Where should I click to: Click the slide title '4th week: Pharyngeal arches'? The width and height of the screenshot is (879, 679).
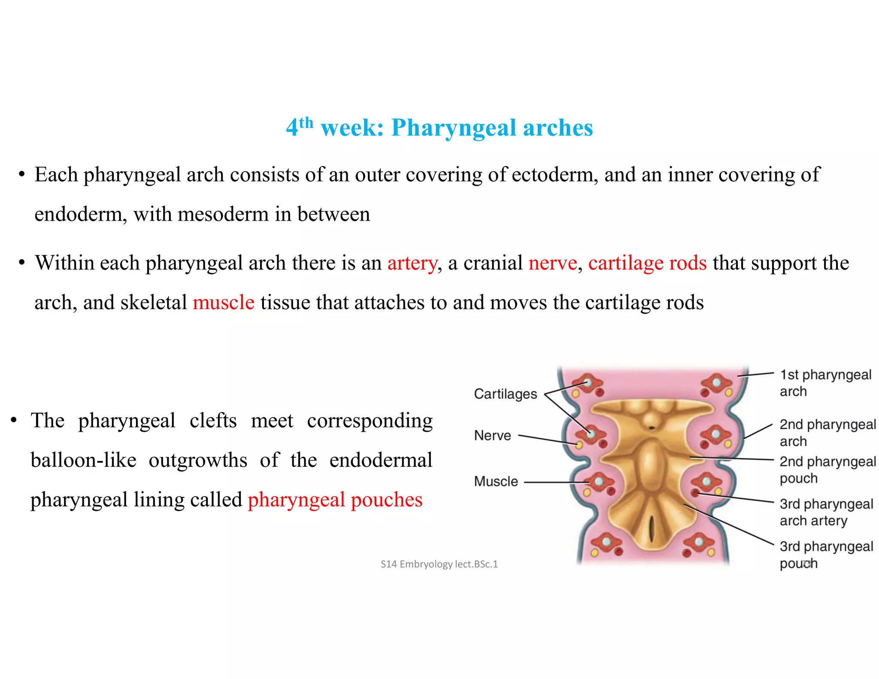[x=439, y=127]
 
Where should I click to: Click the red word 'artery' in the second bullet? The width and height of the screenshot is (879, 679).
[x=412, y=263]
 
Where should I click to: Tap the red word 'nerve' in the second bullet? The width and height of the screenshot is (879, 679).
[x=553, y=263]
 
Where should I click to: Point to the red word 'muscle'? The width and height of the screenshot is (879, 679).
[x=224, y=302]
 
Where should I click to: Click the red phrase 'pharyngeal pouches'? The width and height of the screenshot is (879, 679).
[x=335, y=500]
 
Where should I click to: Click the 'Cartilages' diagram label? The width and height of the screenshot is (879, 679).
[x=506, y=394]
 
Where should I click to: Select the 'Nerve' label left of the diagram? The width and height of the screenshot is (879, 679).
[x=493, y=435]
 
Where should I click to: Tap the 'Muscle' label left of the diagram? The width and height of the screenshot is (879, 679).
[x=496, y=481]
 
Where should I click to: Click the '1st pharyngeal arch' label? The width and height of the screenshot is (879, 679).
[x=825, y=383]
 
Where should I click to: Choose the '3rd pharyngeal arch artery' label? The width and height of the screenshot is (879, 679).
[x=826, y=512]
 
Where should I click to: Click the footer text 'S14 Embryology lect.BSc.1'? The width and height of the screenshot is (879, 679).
[x=439, y=564]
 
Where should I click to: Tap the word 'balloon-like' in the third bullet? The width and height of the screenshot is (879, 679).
[x=84, y=460]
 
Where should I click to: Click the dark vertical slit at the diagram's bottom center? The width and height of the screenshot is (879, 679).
[x=652, y=528]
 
